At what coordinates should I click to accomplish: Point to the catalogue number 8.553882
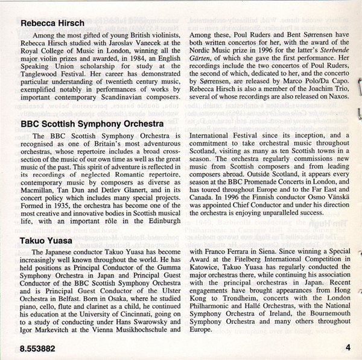point(34,348)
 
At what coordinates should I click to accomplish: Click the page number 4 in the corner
point(348,347)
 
